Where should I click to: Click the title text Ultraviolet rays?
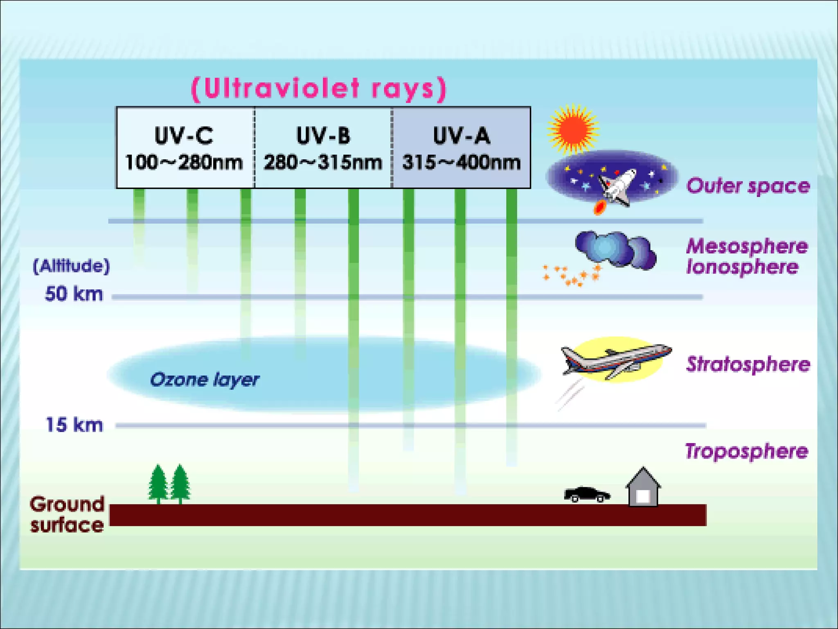coord(319,88)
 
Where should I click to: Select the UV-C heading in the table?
coord(184,136)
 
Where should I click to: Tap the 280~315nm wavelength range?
coord(323,163)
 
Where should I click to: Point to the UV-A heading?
coord(461,136)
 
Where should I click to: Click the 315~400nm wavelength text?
coord(461,163)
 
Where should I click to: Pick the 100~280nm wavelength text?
coord(184,163)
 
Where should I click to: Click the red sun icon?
coord(572,129)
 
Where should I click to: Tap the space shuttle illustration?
coord(616,186)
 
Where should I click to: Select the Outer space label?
coord(748,186)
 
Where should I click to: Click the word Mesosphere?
coord(747,247)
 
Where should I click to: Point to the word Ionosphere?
coord(742,267)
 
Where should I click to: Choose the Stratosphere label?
coord(748,364)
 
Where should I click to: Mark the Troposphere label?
coord(747,451)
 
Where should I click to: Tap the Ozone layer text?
coord(205,380)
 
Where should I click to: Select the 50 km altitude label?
coord(74,294)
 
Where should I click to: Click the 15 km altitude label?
coord(74,425)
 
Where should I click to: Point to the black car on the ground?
coord(587,494)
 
